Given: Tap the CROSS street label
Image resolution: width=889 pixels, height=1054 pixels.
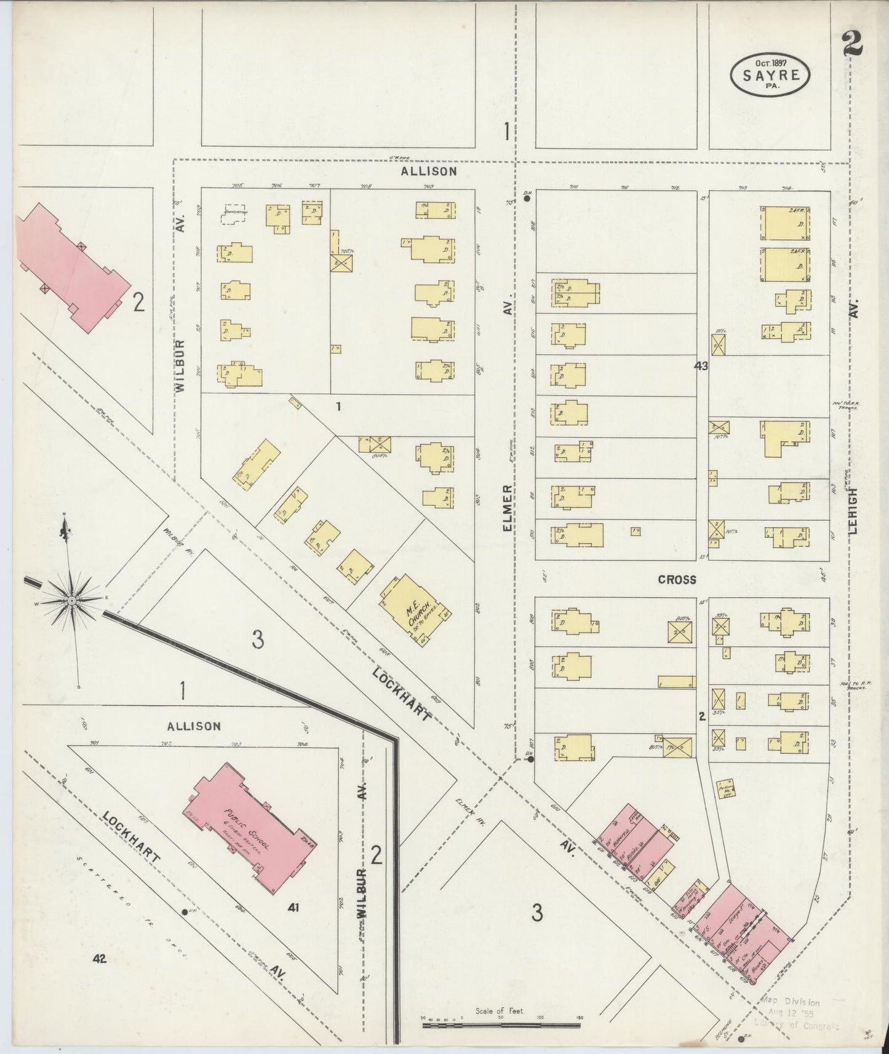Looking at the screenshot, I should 677,579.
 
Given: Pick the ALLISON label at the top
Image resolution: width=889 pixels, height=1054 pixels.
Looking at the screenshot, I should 429,172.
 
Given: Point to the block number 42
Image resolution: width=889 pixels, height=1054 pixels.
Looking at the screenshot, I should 100,958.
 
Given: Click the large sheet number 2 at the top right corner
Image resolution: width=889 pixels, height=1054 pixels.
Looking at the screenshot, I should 853,44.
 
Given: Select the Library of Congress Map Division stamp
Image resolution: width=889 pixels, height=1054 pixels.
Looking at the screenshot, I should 797,1012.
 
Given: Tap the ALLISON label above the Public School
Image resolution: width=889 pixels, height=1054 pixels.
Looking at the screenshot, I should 194,726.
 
